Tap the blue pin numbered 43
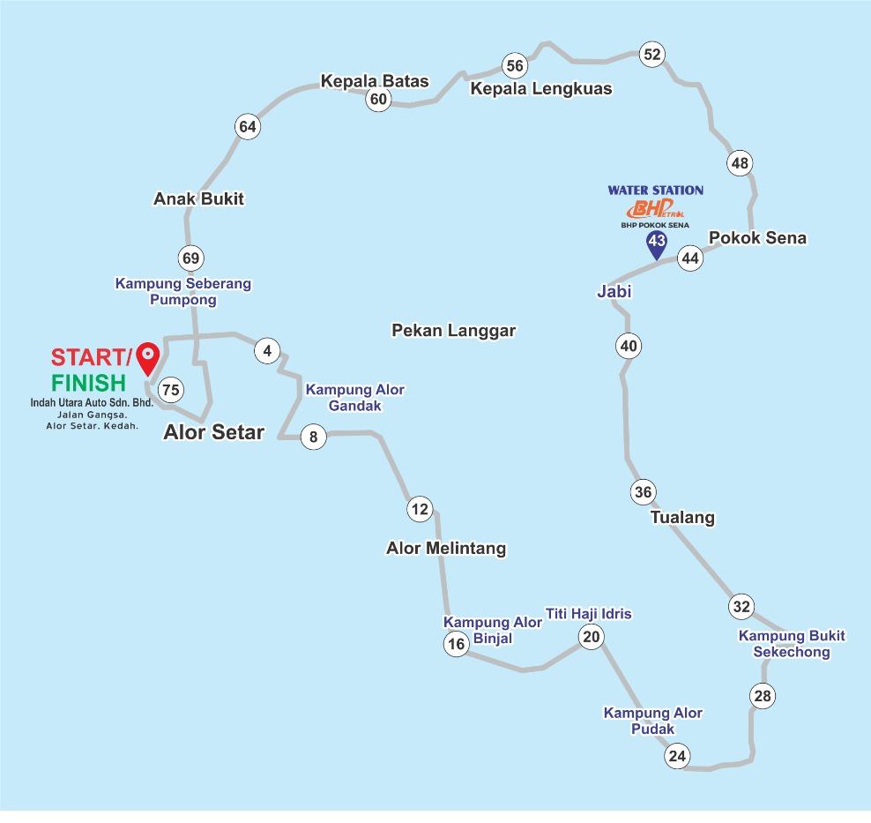tap(656, 243)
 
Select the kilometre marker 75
tap(171, 390)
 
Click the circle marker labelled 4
tap(267, 351)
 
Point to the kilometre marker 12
tap(420, 509)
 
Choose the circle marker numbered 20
tap(591, 637)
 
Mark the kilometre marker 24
tap(677, 756)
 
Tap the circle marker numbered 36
tap(644, 492)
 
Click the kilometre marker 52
tap(651, 55)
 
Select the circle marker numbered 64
tap(248, 127)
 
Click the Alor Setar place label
tap(213, 432)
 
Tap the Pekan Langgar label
tap(453, 331)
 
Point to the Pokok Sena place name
tap(757, 238)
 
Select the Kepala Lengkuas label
tap(540, 89)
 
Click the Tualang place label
tap(682, 518)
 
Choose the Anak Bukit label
tap(198, 199)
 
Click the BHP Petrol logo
tap(655, 210)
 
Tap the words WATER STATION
tap(655, 190)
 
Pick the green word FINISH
tap(88, 383)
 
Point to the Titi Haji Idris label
tap(588, 614)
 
